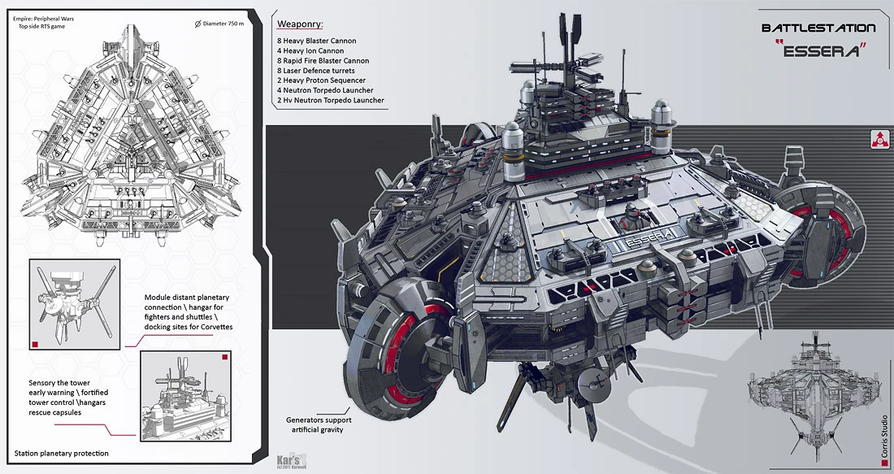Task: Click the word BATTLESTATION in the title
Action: tap(818, 28)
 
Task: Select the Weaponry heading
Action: tap(300, 24)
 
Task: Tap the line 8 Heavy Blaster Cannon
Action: tap(316, 41)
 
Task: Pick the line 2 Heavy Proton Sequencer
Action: tap(321, 80)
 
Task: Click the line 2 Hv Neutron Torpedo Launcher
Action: tap(330, 101)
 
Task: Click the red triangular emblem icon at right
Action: tap(879, 138)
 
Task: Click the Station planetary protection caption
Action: tap(61, 453)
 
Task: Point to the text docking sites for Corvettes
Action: tap(189, 327)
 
